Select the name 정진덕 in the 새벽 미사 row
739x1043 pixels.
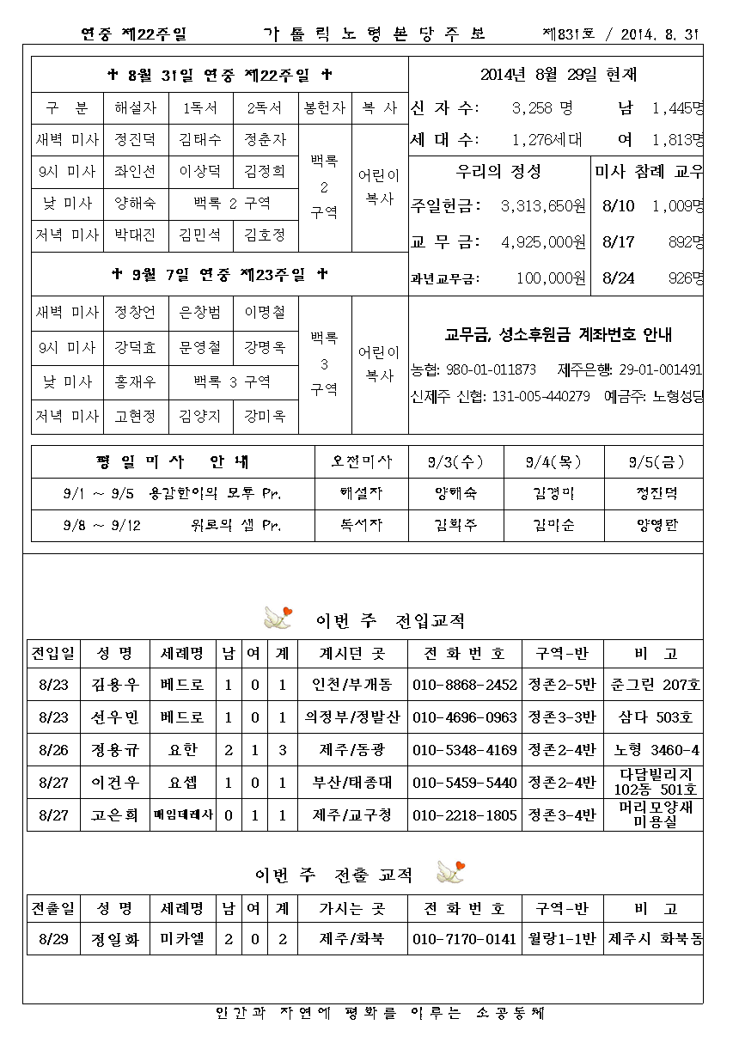(135, 139)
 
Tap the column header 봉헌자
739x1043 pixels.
(324, 108)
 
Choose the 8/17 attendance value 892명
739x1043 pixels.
(685, 242)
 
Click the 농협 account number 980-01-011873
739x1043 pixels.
(486, 369)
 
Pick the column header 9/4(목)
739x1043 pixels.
(553, 462)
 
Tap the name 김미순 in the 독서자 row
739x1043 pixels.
(553, 526)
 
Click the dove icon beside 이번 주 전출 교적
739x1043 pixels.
(450, 872)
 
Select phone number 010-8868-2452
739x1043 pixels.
(465, 685)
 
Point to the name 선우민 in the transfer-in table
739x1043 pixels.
(114, 717)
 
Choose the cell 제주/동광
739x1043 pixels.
(352, 750)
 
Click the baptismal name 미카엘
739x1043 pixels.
(181, 939)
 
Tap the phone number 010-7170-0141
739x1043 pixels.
(465, 939)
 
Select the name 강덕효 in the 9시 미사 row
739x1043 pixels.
(135, 347)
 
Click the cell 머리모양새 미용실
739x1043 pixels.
(653, 814)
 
